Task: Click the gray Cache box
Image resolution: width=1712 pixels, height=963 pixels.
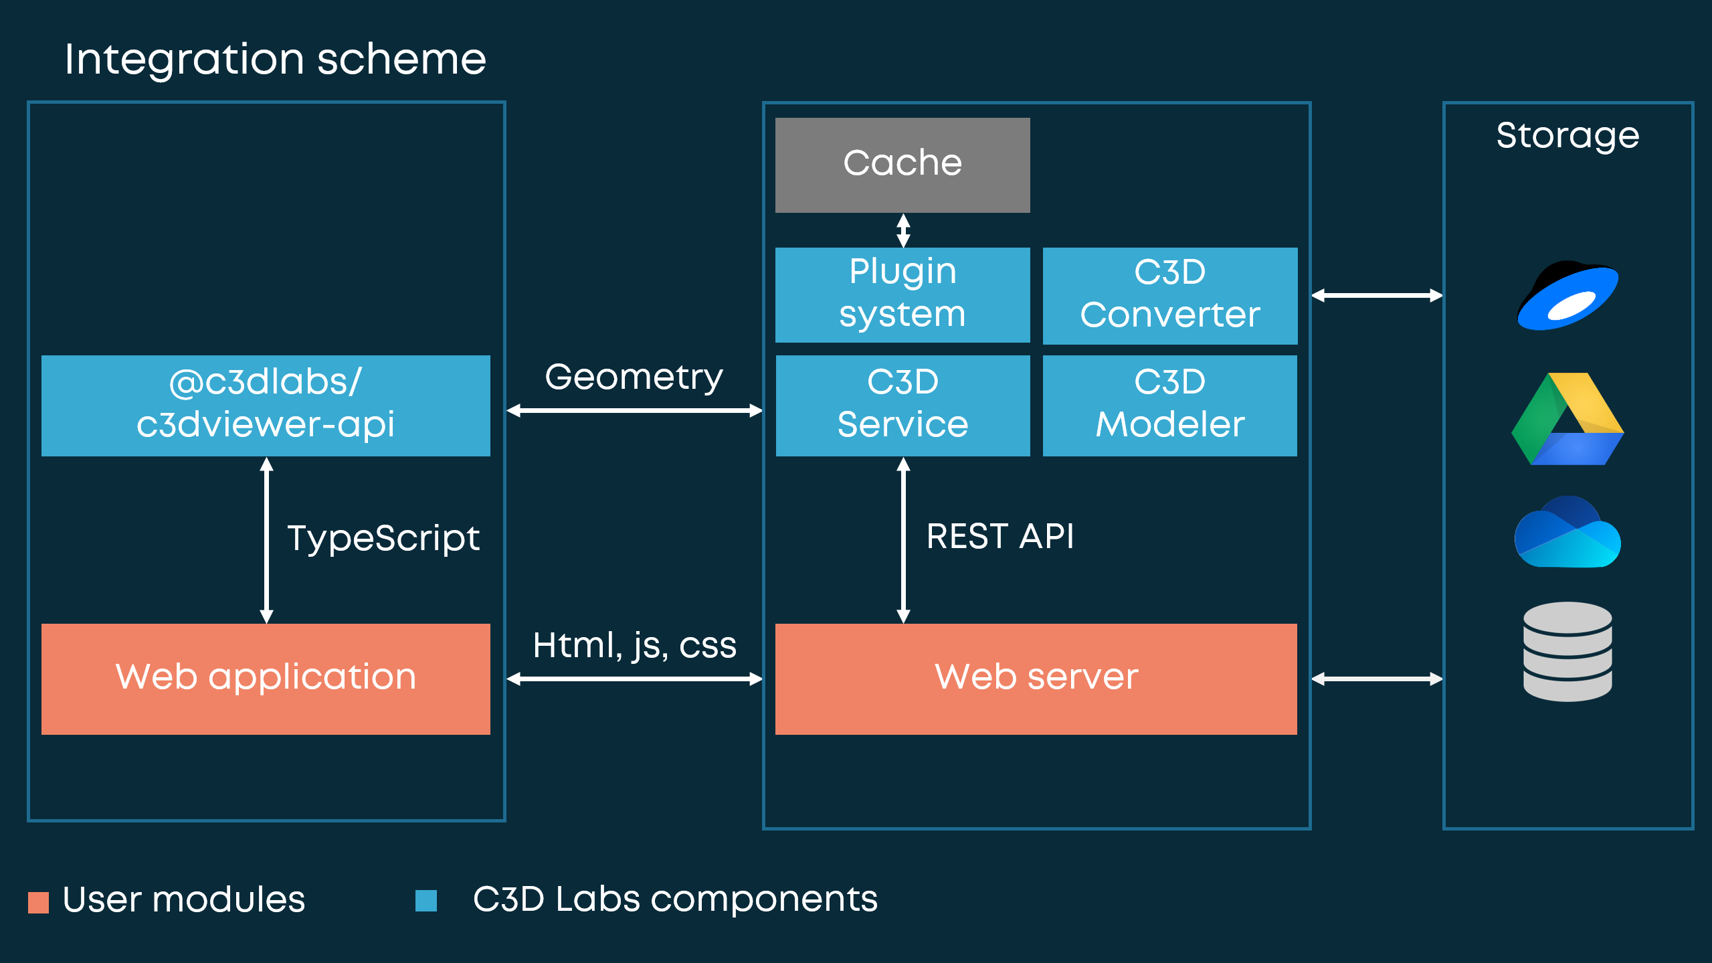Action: click(902, 165)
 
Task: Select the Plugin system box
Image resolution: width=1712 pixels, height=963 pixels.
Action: click(902, 295)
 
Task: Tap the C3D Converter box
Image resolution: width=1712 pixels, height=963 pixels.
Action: click(1170, 296)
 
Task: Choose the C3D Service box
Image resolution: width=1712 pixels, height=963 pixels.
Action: click(902, 406)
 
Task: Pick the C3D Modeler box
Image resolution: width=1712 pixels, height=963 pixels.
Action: click(1170, 406)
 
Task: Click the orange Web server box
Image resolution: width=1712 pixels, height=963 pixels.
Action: click(1036, 679)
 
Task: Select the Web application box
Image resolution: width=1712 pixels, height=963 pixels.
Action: click(266, 679)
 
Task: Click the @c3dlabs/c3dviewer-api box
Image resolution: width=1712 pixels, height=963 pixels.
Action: click(266, 406)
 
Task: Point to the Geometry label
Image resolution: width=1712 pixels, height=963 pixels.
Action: click(634, 377)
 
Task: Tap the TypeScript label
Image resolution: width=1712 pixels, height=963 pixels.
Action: click(383, 539)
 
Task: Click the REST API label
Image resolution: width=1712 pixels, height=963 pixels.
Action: click(1000, 537)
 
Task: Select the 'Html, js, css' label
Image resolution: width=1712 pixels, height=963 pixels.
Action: click(634, 646)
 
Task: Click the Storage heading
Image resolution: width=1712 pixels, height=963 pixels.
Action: click(1567, 137)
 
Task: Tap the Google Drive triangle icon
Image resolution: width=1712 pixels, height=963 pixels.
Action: click(1567, 419)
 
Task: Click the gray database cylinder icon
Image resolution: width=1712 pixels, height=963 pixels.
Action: click(1567, 651)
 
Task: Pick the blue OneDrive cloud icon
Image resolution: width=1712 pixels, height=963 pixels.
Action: click(1567, 532)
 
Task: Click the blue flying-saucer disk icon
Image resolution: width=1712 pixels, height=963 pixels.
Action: click(1567, 295)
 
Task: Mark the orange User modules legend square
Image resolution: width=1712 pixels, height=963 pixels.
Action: click(38, 902)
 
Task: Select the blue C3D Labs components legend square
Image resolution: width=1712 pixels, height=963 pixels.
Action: click(425, 901)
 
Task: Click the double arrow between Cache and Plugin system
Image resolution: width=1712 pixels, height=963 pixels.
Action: click(903, 230)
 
